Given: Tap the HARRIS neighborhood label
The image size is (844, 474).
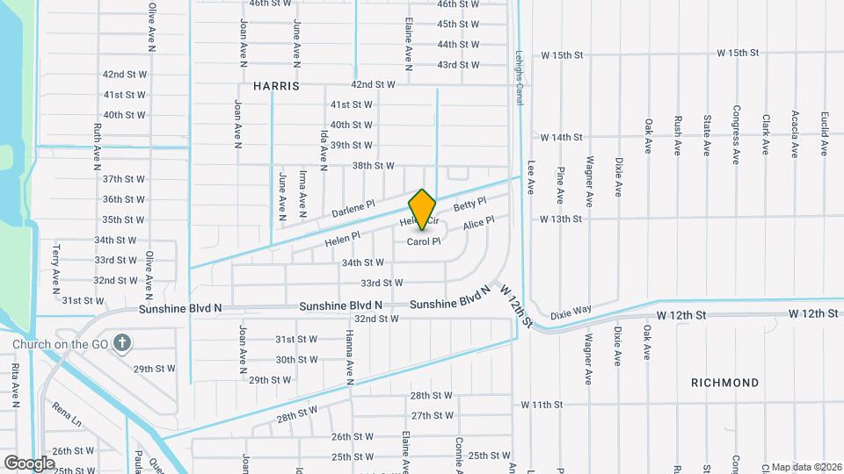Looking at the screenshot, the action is (276, 87).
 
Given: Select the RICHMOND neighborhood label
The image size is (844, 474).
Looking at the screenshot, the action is (724, 383).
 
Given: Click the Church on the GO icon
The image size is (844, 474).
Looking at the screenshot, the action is (122, 343).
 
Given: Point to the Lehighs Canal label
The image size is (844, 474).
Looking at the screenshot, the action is (520, 78).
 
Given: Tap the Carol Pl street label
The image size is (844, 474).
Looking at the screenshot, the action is (423, 241).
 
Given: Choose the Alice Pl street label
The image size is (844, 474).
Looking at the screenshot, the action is (478, 225).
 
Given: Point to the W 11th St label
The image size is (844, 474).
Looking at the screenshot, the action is (542, 405).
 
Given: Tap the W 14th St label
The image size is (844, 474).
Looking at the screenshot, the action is (562, 138).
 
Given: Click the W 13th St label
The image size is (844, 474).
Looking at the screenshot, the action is (562, 219).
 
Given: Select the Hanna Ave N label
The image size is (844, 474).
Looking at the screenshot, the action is (349, 359).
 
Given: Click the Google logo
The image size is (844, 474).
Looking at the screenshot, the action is (30, 463).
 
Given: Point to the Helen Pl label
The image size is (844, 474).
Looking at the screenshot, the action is (343, 238).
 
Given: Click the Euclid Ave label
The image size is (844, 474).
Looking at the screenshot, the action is (824, 133).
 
